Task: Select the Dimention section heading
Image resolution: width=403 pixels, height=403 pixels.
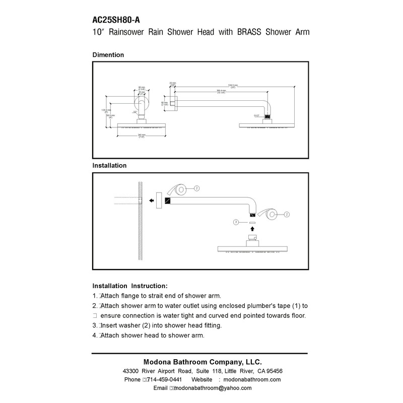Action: pyautogui.click(x=108, y=54)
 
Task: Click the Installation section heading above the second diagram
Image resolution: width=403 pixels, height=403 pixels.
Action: pyautogui.click(x=109, y=165)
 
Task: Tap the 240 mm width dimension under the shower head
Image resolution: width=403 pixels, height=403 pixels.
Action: pyautogui.click(x=142, y=135)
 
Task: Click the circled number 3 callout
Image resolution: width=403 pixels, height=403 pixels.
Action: pyautogui.click(x=235, y=222)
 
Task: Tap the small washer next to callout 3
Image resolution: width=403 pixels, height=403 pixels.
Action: pyautogui.click(x=252, y=222)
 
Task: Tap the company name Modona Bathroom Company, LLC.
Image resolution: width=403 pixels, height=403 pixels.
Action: pyautogui.click(x=203, y=362)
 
